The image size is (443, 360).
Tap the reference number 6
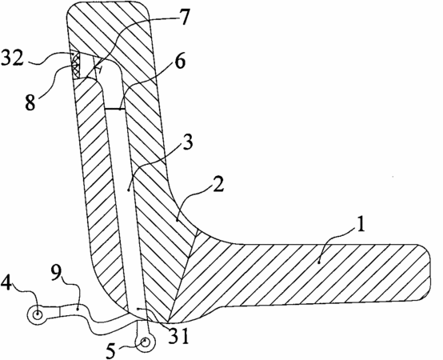[179, 61]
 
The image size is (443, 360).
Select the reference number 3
[187, 142]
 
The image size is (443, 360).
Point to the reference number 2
[218, 185]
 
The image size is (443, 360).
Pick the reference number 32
[12, 58]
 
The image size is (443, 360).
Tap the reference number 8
[30, 102]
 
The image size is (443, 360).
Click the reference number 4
[6, 282]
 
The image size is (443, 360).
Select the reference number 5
[110, 350]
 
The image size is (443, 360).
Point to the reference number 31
[178, 336]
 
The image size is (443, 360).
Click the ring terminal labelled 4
[37, 314]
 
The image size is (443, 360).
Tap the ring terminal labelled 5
[145, 342]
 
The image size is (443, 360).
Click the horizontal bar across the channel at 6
[114, 109]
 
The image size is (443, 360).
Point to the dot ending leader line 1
[319, 262]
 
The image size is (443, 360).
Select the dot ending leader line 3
[128, 190]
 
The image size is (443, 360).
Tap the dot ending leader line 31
[138, 309]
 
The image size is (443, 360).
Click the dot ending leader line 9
[78, 310]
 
